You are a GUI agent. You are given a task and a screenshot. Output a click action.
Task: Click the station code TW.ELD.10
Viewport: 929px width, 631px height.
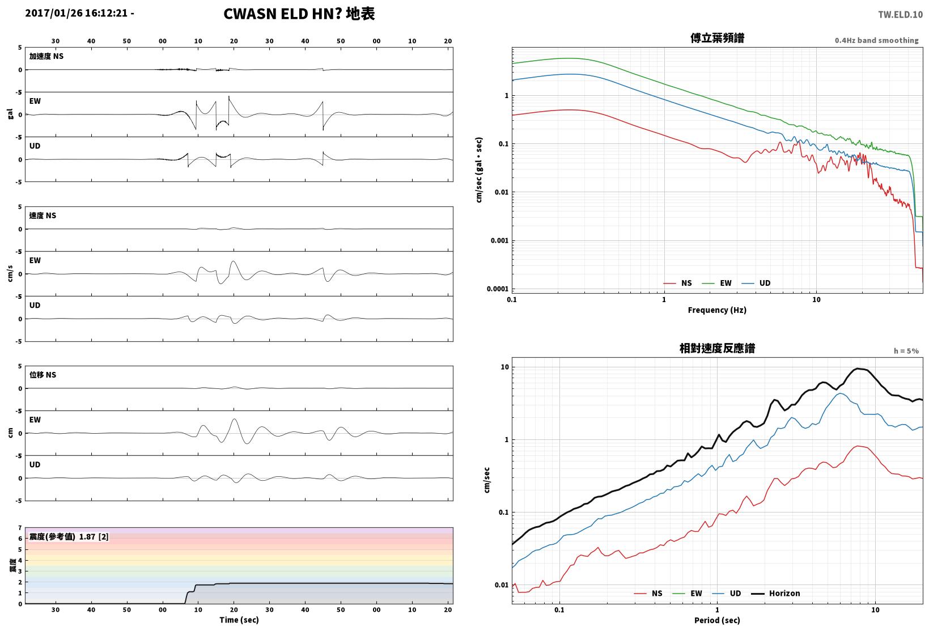pos(901,15)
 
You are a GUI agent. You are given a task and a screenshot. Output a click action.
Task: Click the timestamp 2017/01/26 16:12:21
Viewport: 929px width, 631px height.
pos(77,13)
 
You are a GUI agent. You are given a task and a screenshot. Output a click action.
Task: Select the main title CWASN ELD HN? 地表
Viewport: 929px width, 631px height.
pos(299,14)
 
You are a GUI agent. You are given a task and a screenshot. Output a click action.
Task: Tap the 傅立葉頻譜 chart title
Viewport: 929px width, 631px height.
pos(717,38)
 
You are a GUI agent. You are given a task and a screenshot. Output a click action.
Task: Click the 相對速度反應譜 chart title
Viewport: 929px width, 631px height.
pos(717,348)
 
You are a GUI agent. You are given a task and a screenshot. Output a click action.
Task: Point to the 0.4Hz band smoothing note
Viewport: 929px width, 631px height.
pos(876,40)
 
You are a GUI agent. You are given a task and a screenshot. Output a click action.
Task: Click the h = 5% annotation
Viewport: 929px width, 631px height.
pos(906,351)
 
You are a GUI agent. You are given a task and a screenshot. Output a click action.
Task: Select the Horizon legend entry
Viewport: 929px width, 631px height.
pos(776,593)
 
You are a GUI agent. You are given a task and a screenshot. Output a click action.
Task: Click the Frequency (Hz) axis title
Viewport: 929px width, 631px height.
pos(717,310)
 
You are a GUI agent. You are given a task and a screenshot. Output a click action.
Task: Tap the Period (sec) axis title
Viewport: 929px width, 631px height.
pos(717,620)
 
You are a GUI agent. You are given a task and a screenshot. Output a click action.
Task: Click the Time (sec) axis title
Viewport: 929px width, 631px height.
pos(239,620)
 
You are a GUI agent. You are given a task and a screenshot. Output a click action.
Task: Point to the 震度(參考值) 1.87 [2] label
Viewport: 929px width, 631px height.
pos(69,536)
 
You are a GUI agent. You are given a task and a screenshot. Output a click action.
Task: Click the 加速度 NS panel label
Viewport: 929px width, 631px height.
pos(46,56)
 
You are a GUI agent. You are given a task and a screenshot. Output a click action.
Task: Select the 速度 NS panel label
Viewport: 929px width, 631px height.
pos(43,215)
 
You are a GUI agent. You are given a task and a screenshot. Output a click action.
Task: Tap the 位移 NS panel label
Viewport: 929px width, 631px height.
pos(43,375)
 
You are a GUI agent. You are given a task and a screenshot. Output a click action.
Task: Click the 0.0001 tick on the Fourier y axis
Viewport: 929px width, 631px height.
pos(498,289)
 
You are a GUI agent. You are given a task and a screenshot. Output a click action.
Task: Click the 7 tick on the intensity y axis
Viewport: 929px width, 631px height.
pos(20,528)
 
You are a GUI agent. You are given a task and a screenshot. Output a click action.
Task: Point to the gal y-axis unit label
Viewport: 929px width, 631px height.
pos(10,114)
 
